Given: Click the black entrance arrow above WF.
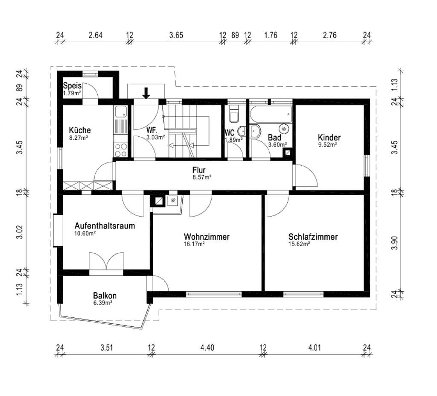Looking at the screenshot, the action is click(146, 93).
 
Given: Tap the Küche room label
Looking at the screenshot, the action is click(80, 130).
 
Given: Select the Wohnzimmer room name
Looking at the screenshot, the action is click(207, 237).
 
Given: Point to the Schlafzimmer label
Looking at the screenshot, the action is click(313, 237).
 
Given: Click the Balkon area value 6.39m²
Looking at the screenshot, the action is click(103, 303).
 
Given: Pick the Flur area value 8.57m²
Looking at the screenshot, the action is click(202, 177).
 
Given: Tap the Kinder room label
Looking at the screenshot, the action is click(329, 137).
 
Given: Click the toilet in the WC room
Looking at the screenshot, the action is click(233, 114).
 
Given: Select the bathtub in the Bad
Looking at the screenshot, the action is click(271, 114).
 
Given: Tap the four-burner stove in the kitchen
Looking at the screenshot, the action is click(121, 150).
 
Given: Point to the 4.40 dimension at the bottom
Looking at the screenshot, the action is click(207, 347).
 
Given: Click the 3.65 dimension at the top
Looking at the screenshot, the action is click(176, 35).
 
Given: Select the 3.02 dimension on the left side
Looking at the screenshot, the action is click(20, 232).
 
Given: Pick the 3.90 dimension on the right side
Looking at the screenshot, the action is click(394, 243).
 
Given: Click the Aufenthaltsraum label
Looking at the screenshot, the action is click(105, 226).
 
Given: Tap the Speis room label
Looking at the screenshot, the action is click(72, 85).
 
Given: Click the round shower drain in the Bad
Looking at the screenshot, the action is click(284, 129).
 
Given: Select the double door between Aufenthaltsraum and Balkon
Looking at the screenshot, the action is click(106, 261).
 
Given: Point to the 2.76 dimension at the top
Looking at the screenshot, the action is click(330, 35).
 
